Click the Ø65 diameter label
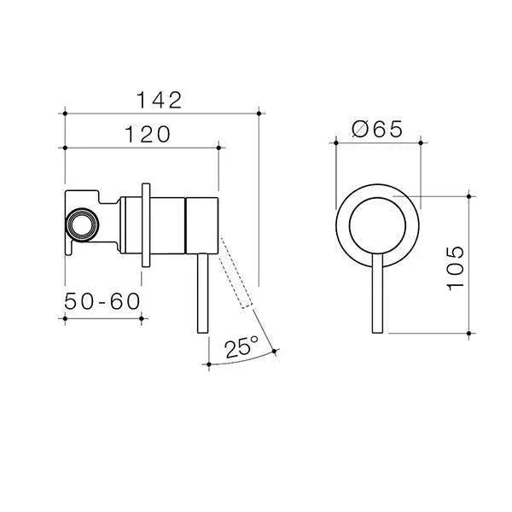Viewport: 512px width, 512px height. (377, 130)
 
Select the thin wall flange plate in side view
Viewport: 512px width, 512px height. (147, 224)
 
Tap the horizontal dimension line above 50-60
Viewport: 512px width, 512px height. (102, 318)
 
